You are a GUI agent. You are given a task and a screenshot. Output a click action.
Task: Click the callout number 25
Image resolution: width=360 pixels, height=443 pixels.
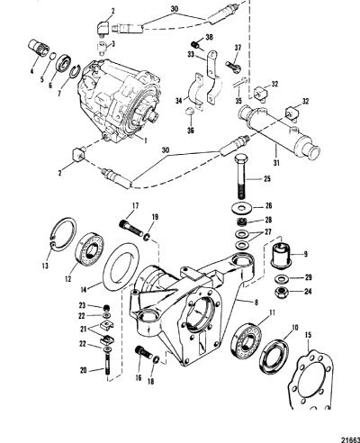266,179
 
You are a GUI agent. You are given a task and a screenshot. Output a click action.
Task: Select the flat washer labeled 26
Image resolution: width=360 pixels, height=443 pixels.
240,208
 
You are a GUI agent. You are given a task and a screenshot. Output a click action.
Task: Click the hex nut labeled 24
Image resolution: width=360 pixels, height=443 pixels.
281,291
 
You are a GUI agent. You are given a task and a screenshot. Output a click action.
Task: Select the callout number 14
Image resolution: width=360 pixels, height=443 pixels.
84,289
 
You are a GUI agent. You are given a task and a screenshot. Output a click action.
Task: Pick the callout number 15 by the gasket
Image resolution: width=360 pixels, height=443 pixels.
308,334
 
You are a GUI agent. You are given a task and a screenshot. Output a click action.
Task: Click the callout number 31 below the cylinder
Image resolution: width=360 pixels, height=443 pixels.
275,163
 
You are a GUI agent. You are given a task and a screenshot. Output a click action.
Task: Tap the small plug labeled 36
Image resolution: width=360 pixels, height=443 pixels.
190,113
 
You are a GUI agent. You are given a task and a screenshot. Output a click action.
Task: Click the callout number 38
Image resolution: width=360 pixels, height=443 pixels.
210,38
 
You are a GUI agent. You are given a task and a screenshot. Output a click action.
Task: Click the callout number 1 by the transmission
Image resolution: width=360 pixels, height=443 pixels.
145,140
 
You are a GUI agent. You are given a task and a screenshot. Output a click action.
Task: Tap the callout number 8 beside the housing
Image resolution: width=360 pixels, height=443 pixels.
256,303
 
